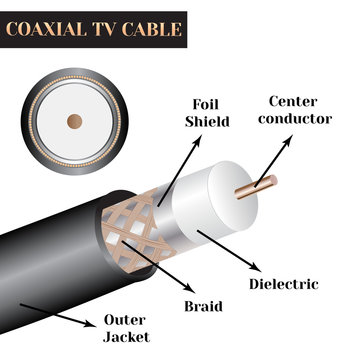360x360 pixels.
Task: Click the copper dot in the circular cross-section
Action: (73, 120)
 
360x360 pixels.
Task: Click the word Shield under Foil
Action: (206, 123)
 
